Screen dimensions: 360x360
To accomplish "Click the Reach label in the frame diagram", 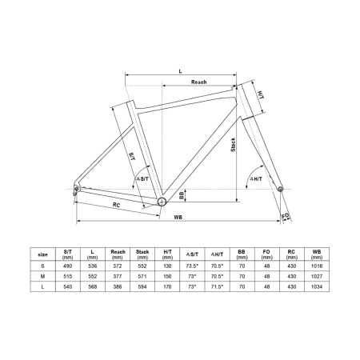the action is [x=198, y=82].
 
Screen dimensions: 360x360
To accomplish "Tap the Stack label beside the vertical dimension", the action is [x=233, y=145].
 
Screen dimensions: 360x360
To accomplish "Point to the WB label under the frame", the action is [x=178, y=218].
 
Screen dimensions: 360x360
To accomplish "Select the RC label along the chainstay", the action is [x=116, y=205].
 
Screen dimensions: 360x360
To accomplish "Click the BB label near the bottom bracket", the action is [x=182, y=195].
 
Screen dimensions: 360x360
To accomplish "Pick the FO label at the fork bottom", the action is [x=285, y=215].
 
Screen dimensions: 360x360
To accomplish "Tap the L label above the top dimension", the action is [x=180, y=71].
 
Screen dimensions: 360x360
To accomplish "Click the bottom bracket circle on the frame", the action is [x=162, y=202].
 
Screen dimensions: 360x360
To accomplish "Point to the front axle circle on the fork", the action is [x=280, y=189].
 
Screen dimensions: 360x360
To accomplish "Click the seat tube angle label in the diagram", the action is [x=142, y=179].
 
